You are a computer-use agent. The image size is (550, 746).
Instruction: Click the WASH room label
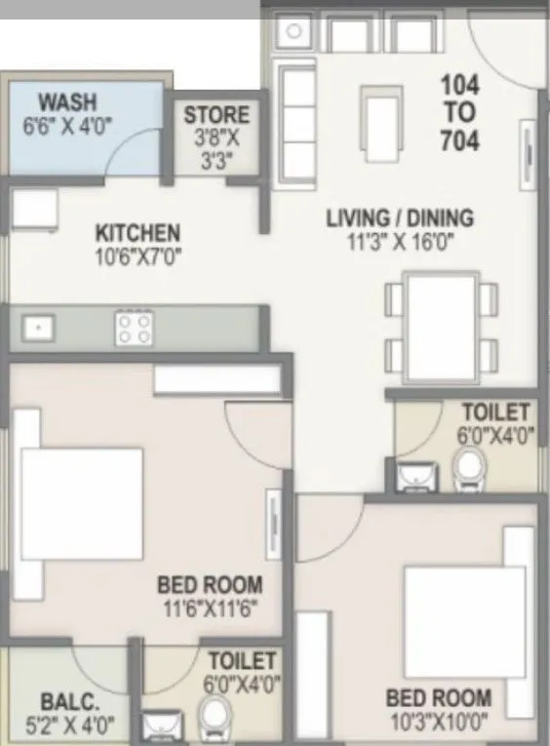[67, 103]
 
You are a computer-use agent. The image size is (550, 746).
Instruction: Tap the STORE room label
[217, 116]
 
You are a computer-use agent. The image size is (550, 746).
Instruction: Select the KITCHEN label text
[137, 233]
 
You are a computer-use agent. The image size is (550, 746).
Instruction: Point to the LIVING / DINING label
[399, 217]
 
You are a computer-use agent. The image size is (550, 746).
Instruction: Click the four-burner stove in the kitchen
[134, 328]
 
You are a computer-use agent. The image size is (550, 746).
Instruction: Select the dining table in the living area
[443, 324]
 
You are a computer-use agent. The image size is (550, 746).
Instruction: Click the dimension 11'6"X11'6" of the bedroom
[210, 612]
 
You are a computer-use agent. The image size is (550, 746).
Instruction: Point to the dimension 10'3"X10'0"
[438, 725]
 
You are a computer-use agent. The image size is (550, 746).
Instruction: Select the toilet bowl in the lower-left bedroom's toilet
[211, 724]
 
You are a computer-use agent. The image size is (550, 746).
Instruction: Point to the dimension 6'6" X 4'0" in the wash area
[67, 127]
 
